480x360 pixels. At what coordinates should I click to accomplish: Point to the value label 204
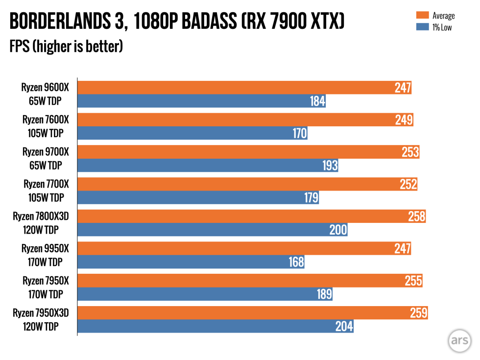344,326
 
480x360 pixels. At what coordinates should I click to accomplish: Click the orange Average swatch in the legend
422,16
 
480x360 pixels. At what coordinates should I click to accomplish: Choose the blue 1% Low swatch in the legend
422,27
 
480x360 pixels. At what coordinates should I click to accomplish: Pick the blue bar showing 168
191,262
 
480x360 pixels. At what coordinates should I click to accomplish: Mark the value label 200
338,230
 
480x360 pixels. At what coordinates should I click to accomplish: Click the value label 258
417,216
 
